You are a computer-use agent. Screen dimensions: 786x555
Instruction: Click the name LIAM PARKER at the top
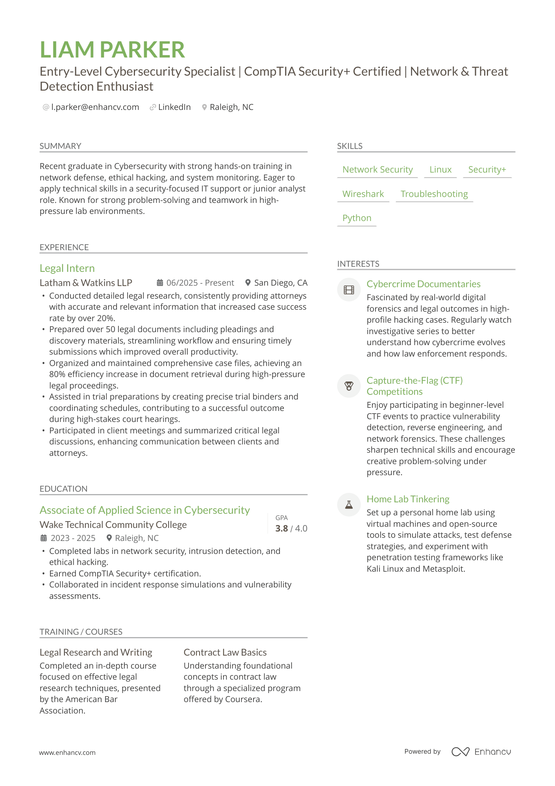112,50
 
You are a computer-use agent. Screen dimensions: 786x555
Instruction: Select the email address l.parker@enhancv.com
95,107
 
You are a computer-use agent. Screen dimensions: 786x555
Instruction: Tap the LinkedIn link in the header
174,107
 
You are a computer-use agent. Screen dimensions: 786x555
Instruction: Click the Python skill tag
357,218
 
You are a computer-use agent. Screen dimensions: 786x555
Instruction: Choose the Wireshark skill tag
363,194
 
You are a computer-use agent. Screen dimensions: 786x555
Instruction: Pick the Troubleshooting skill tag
434,194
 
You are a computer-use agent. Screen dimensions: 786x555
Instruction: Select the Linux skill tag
440,170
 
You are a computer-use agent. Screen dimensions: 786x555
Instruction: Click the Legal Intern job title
67,268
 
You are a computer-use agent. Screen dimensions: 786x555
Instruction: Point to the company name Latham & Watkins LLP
86,283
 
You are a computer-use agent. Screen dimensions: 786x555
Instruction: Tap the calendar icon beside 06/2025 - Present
160,283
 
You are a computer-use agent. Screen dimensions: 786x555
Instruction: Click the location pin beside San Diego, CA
248,283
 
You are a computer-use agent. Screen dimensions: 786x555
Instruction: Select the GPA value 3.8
281,529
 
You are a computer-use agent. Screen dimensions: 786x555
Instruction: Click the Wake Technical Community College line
113,525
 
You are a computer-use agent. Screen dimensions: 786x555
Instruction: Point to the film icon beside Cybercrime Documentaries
349,290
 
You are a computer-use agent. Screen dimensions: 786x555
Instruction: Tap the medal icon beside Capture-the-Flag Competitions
349,386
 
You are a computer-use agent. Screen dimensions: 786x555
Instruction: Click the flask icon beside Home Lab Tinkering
349,505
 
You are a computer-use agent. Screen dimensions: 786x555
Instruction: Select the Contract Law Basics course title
225,652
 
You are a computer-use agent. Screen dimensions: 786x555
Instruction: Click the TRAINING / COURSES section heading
81,632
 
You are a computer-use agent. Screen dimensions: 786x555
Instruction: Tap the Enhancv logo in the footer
481,752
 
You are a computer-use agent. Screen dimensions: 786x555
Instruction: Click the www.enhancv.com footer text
67,753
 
